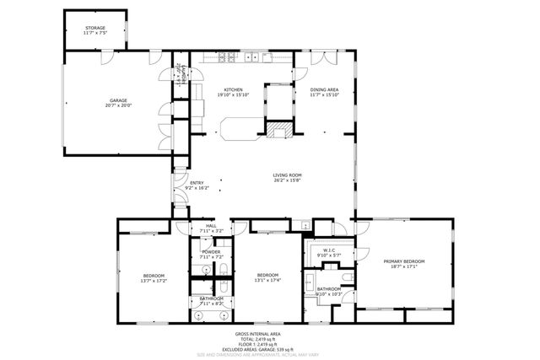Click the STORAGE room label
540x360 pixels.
[x=94, y=28]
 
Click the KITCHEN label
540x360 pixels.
[x=233, y=89]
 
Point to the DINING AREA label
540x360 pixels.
[x=324, y=89]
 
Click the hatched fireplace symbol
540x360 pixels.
[x=279, y=130]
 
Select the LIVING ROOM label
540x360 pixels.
[x=288, y=175]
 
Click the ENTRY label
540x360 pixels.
[x=197, y=183]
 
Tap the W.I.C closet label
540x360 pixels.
[x=327, y=250]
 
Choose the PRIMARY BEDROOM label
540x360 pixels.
[x=403, y=261]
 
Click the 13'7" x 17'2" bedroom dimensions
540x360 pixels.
[x=154, y=282]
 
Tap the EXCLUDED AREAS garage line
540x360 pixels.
[x=269, y=348]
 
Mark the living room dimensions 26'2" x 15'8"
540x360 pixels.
[x=288, y=180]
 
